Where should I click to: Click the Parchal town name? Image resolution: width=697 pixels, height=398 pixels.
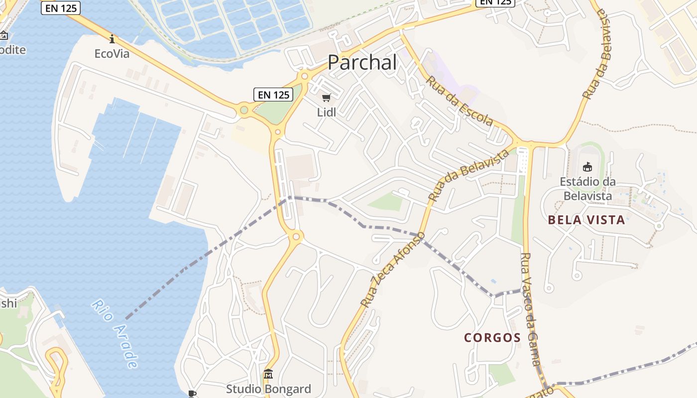[362, 63]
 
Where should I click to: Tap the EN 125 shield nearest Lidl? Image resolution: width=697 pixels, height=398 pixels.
[273, 95]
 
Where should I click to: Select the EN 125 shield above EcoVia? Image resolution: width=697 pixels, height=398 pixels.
[60, 8]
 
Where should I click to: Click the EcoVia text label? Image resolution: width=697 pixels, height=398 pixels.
[112, 54]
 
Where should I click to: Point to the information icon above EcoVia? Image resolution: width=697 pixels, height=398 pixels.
[112, 39]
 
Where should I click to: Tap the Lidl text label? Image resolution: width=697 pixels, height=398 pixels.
[327, 112]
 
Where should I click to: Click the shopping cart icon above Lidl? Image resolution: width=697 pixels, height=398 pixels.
[326, 98]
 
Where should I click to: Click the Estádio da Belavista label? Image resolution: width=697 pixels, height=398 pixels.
[587, 189]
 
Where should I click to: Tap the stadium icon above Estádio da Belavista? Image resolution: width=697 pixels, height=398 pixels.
[587, 167]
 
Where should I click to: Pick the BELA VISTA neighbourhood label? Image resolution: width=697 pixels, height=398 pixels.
[586, 220]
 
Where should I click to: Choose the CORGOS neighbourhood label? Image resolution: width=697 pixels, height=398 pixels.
[492, 338]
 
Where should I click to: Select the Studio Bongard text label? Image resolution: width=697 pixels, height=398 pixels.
[268, 389]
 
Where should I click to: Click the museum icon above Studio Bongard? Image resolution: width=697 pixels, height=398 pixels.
[268, 374]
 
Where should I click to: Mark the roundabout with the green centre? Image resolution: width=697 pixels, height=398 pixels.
[244, 110]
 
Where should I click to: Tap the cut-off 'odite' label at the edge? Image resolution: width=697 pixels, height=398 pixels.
[12, 50]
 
